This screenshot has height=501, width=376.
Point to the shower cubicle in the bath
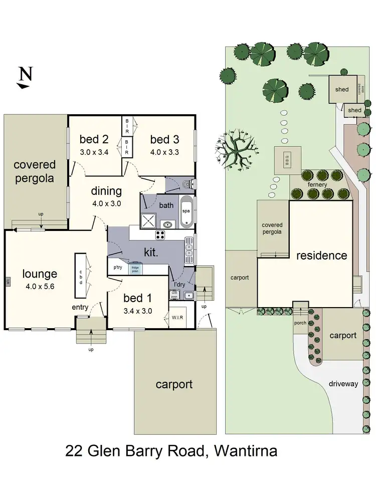pos(149,219)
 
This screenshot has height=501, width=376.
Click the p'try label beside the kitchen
pos(118,267)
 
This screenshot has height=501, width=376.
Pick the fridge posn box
pos(135,269)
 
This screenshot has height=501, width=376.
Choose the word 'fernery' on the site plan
pos(317,185)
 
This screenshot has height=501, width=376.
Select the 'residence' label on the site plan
pos(321,256)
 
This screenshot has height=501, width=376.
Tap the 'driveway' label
pos(343,384)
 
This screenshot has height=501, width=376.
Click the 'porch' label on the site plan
pos(300,323)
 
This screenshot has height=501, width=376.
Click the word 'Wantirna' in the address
pos(246,451)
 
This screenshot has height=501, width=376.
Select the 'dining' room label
pos(106,191)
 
